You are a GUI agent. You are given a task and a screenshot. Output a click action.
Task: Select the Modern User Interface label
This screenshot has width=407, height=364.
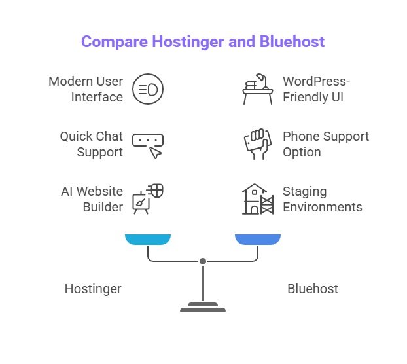click(x=86, y=90)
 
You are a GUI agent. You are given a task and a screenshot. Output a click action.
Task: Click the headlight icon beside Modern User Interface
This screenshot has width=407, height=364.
click(x=147, y=90)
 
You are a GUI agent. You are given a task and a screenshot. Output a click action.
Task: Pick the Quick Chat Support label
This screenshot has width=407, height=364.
click(x=91, y=145)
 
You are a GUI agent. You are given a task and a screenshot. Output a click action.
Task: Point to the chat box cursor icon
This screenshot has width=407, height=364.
click(x=148, y=145)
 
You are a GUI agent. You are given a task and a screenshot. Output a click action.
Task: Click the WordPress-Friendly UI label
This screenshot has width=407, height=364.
click(x=317, y=90)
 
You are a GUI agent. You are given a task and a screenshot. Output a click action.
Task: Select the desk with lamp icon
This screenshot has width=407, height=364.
click(x=258, y=90)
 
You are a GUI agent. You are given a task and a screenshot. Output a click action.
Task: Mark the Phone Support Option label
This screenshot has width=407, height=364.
click(x=325, y=145)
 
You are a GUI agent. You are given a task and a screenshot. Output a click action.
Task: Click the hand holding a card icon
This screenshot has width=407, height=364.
click(x=258, y=145)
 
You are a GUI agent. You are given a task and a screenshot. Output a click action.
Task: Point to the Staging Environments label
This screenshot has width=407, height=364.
click(x=322, y=199)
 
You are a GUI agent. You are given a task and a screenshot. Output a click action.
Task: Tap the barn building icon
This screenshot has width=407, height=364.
click(x=257, y=199)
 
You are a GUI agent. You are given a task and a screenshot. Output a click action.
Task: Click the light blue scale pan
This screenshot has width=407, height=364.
click(x=148, y=240)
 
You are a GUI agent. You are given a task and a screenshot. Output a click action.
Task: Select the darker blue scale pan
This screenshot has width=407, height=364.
click(x=258, y=240)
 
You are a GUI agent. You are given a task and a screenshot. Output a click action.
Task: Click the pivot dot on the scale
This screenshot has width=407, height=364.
click(x=203, y=261)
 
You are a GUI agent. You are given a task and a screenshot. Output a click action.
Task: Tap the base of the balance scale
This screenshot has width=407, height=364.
click(x=203, y=307)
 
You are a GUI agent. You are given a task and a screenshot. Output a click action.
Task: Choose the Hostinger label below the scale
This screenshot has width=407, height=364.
click(x=93, y=289)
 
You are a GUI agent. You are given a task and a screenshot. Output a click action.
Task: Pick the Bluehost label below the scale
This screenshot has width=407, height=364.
click(x=313, y=289)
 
